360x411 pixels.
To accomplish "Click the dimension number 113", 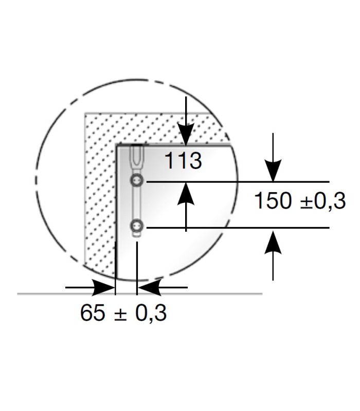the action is point(184,160).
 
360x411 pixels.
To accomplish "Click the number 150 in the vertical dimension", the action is point(273,200).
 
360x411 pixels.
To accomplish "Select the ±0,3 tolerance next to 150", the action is point(323,201).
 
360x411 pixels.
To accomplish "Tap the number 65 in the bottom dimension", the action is point(93,312).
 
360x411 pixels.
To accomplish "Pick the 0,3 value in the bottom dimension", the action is point(151,313).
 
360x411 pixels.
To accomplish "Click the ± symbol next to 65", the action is point(121,314).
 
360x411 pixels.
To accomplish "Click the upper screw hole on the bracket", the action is point(137,180).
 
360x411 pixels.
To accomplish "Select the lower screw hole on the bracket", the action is point(137,226).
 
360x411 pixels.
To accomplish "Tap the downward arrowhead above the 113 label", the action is point(186,134).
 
